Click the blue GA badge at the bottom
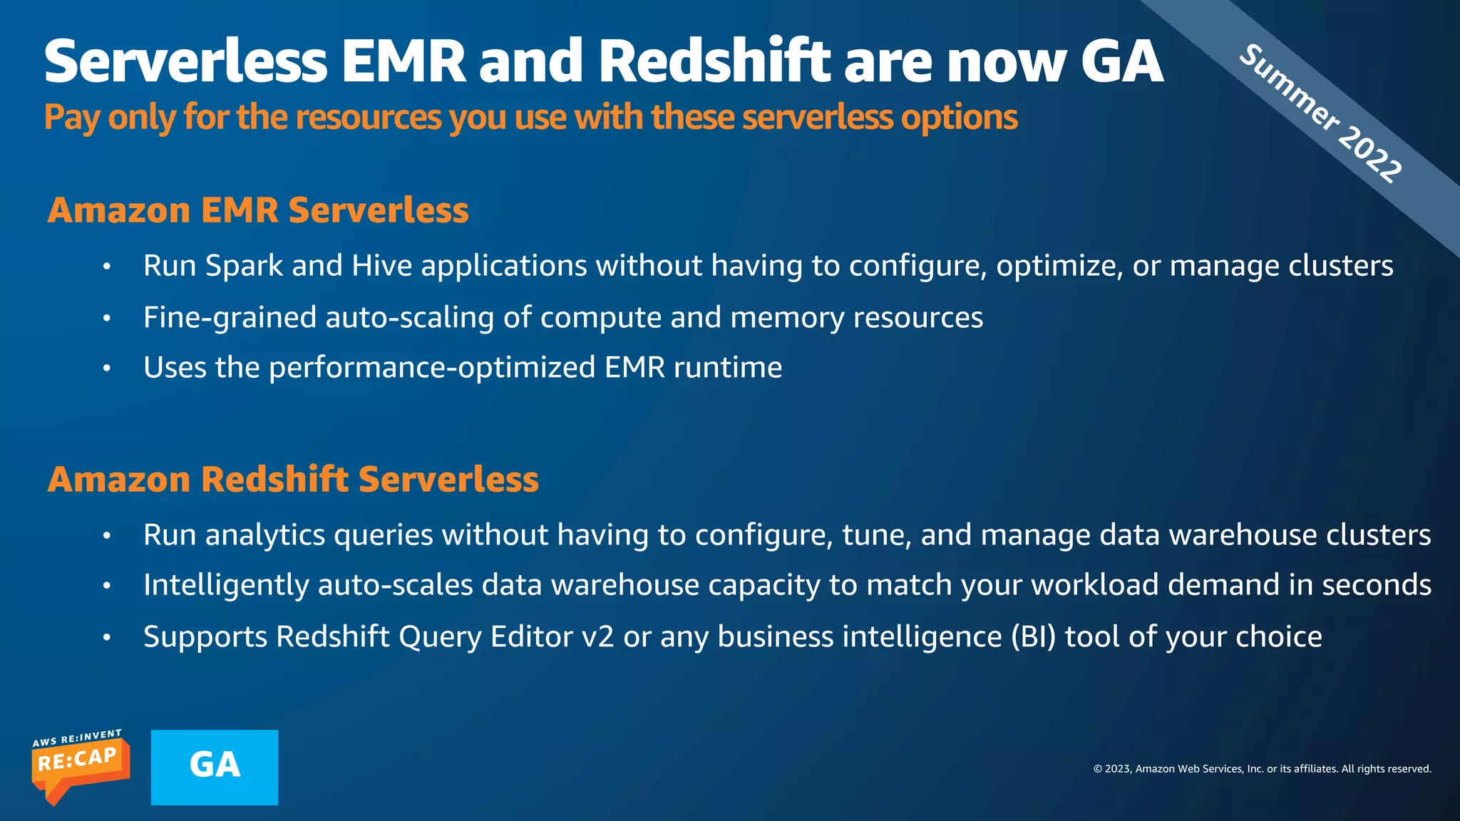215,767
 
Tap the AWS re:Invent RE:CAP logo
80,767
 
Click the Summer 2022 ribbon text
1320,113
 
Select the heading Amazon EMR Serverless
258,210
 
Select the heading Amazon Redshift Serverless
293,479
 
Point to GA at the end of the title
1121,61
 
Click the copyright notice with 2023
1262,768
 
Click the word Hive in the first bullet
382,266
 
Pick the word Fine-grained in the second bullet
230,318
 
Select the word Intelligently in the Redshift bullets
226,585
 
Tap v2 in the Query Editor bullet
597,636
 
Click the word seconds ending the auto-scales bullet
1377,585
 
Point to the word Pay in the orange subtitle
71,118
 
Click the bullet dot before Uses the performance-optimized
107,368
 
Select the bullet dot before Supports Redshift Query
107,637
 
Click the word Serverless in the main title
185,61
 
